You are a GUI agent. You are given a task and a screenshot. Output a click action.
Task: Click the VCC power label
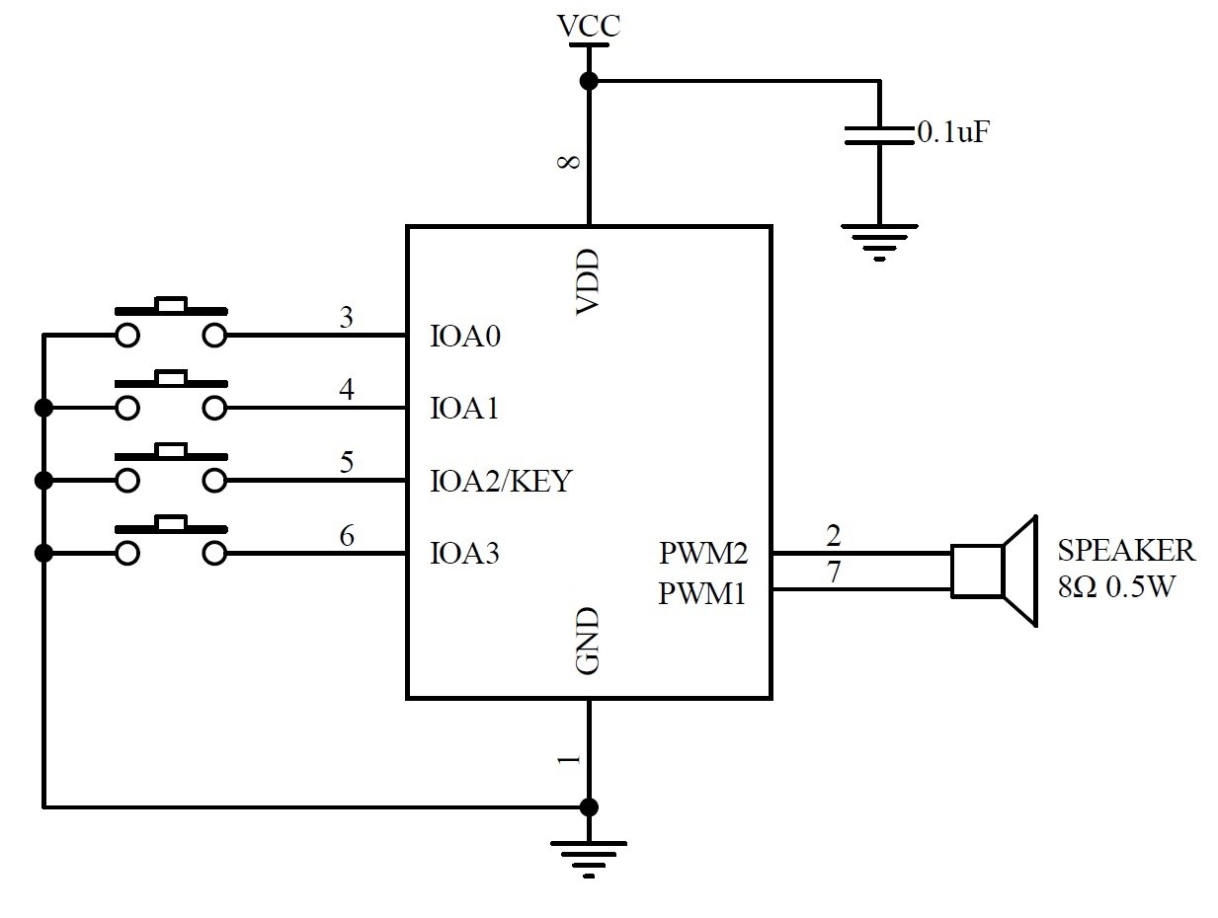tap(589, 25)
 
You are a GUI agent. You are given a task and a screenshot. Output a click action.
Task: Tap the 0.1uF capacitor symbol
tap(878, 135)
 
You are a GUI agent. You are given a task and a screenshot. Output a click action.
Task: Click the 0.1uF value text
tap(953, 132)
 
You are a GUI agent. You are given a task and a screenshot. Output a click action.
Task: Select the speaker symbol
tap(994, 571)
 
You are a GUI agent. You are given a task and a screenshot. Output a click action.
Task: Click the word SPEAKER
tap(1126, 550)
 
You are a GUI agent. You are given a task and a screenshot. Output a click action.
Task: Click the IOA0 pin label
tap(465, 337)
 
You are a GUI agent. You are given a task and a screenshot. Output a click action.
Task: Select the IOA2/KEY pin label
tap(501, 482)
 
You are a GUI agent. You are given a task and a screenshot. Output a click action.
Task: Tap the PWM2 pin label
tap(702, 553)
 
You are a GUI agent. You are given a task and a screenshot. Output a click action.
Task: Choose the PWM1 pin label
tap(702, 595)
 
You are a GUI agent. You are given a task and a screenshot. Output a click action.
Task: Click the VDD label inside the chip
tap(588, 283)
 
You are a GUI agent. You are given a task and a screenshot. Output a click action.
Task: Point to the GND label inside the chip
tap(588, 642)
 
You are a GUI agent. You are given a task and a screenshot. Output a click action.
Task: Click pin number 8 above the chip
tap(570, 162)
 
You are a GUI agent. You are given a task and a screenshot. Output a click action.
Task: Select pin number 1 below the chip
tap(568, 760)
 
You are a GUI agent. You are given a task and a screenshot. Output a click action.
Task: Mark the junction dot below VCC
tap(589, 81)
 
